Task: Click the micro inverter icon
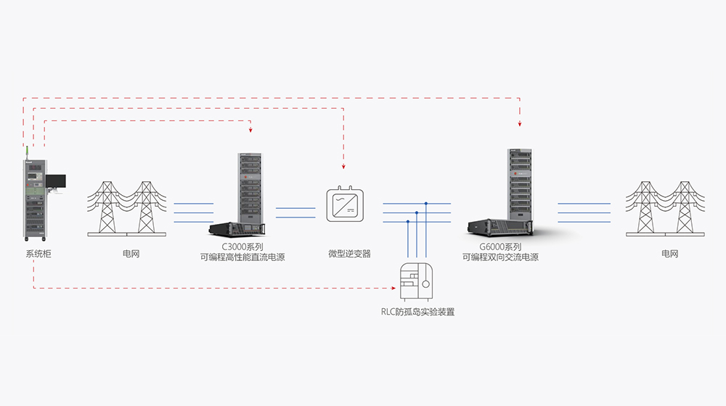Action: pyautogui.click(x=344, y=205)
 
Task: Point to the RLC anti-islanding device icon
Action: pyautogui.click(x=417, y=281)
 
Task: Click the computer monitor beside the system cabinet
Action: pyautogui.click(x=56, y=181)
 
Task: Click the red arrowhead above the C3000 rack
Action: pyautogui.click(x=250, y=130)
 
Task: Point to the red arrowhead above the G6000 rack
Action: pyautogui.click(x=520, y=120)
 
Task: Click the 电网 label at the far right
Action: pyautogui.click(x=669, y=254)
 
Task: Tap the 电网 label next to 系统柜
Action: pyautogui.click(x=131, y=254)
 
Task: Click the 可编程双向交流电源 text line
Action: pyautogui.click(x=500, y=257)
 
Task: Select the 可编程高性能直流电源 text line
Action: pyautogui.click(x=242, y=257)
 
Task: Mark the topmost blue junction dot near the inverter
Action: pyautogui.click(x=426, y=204)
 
